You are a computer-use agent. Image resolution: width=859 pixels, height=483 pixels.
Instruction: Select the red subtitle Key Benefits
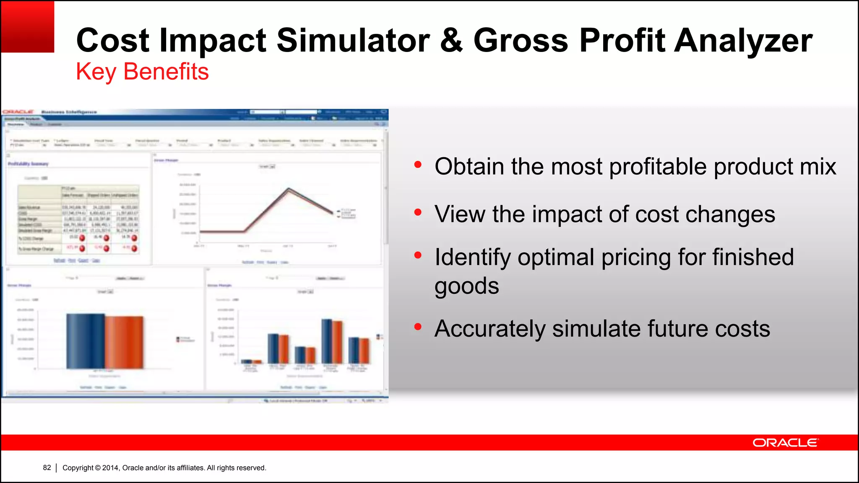click(x=142, y=71)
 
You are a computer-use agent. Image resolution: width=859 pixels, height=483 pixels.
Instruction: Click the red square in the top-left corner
click(x=27, y=26)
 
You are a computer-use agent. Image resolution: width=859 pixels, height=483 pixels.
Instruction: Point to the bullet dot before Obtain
click(x=417, y=165)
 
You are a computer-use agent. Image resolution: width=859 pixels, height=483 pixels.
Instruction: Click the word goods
click(x=466, y=286)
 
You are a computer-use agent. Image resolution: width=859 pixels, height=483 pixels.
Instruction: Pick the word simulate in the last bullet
click(x=596, y=328)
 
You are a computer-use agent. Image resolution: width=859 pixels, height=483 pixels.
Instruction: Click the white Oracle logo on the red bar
click(x=785, y=443)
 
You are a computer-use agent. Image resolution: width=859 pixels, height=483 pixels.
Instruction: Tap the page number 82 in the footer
click(x=47, y=467)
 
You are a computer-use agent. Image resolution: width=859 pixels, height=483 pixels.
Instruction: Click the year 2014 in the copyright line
click(x=111, y=467)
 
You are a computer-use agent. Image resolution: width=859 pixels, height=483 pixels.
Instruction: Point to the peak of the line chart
click(x=289, y=190)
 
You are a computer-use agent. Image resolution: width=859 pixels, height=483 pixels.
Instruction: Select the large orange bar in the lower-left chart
click(x=124, y=342)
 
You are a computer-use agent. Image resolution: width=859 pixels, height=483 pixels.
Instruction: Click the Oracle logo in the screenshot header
click(x=18, y=112)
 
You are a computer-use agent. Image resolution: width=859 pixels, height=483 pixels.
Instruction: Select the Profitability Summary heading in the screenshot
click(x=28, y=164)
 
